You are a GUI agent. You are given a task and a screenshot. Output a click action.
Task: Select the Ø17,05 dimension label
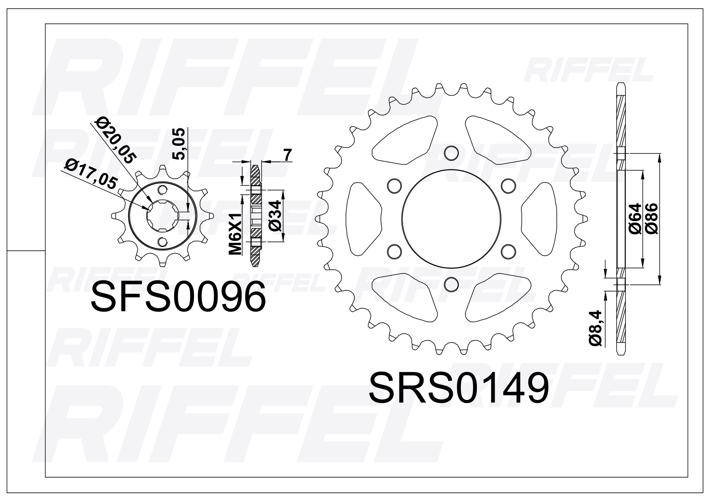coord(91,173)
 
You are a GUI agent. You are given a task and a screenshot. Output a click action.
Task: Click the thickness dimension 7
coord(287,155)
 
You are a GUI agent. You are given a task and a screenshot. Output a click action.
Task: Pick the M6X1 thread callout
coord(235,234)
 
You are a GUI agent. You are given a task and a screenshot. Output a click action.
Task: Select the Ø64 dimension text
coord(635,219)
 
